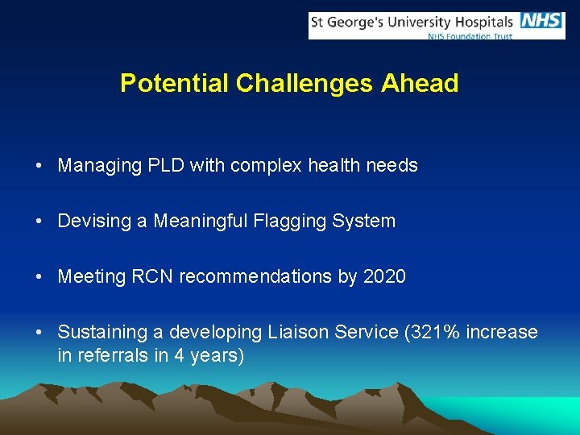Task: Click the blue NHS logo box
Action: click(x=542, y=21)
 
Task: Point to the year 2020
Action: click(x=384, y=276)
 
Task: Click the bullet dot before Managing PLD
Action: click(x=39, y=167)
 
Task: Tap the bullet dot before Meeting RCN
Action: click(x=39, y=277)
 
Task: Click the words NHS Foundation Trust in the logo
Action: click(x=470, y=36)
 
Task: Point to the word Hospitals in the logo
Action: click(x=481, y=21)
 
